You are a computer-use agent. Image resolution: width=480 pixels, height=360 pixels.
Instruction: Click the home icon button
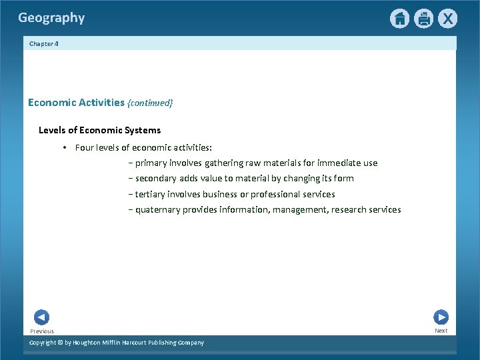click(399, 19)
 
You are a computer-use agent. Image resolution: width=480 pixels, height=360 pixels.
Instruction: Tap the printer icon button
click(423, 19)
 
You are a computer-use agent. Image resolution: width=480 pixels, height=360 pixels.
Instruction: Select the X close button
click(447, 19)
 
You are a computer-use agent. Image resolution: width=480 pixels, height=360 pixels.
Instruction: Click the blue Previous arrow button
click(41, 317)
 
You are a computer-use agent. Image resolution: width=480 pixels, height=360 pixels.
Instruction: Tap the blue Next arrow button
click(441, 317)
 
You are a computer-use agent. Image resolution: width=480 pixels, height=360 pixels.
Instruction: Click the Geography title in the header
click(51, 18)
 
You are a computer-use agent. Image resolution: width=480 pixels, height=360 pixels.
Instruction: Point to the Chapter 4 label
click(43, 43)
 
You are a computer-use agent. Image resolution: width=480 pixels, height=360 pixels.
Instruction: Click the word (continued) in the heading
click(150, 103)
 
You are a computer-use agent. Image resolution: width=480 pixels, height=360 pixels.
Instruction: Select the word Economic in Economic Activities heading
click(51, 103)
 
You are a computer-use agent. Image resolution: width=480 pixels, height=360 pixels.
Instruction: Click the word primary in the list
click(151, 163)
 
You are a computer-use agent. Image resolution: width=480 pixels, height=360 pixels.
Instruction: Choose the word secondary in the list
click(156, 178)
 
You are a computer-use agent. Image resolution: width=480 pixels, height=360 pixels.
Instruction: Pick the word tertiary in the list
click(152, 194)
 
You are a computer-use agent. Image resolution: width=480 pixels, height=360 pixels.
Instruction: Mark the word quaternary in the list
click(159, 209)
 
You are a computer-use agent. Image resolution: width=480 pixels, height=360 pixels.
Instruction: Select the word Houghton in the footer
click(90, 343)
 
